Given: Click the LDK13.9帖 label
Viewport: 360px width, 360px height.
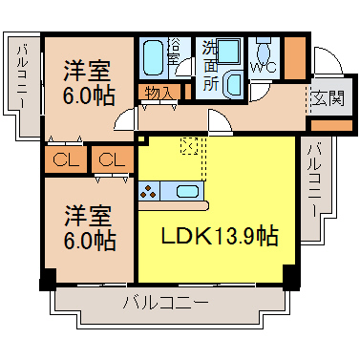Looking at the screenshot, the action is pos(220,236).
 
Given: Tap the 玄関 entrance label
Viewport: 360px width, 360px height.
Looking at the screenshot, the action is pos(328,97).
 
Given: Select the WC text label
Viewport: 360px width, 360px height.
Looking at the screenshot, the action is pos(264,67).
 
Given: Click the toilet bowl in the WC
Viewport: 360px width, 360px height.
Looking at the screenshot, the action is pos(264,51).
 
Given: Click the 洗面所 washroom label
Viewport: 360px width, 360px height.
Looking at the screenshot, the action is pos(210,66).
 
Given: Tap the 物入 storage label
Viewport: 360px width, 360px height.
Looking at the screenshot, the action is pos(159,93).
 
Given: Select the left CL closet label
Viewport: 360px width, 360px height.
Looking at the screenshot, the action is pos(66,159).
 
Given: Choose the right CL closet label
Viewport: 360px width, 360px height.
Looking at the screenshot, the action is pos(112,159).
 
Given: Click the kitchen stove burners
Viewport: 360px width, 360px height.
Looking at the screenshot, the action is pos(149,191).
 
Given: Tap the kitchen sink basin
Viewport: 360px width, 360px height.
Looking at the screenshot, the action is pos(187,191).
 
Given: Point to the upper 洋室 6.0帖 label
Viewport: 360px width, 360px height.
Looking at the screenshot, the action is pos(88,83).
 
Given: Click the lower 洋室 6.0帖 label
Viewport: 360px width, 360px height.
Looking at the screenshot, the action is pos(90,227).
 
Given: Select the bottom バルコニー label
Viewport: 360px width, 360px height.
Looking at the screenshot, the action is pos(166,303).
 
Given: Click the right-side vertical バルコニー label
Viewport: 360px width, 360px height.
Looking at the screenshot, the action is pos(314,181).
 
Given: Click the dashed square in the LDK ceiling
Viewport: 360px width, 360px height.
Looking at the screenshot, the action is pos(189,146).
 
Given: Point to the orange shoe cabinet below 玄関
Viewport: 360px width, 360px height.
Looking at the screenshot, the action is pos(331,126).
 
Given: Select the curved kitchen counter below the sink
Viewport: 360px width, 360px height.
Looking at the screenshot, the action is pos(174,206).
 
